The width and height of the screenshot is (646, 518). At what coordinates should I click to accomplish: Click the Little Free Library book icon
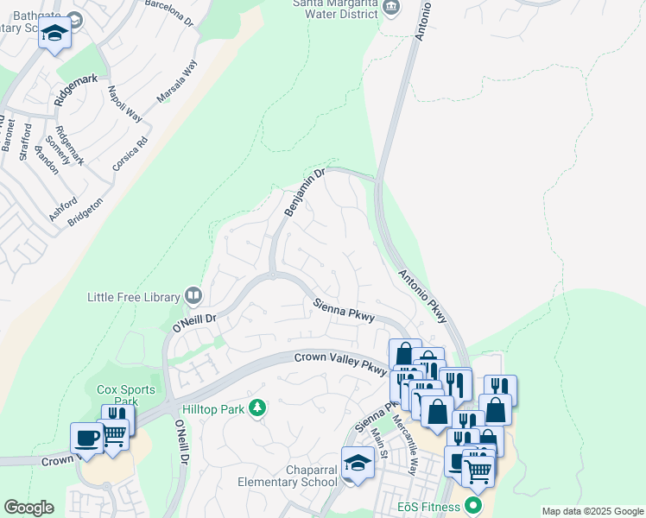click(193, 296)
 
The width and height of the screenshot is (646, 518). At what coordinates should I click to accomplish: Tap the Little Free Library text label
click(134, 297)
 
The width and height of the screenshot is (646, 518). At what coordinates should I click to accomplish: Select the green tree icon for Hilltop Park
click(256, 407)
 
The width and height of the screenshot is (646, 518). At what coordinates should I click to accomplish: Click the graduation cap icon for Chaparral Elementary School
click(358, 463)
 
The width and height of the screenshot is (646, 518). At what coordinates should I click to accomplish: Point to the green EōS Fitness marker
click(472, 505)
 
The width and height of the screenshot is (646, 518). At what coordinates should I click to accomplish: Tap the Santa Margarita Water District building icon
click(391, 7)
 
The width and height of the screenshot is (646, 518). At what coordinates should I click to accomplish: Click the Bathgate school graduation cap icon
click(55, 35)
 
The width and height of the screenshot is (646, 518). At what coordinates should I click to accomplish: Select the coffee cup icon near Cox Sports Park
click(86, 438)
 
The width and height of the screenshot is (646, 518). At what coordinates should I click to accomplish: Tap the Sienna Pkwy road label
click(344, 311)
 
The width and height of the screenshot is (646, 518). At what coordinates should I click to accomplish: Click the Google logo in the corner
click(28, 507)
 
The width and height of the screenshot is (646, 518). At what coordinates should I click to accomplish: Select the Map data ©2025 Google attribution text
click(592, 511)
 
